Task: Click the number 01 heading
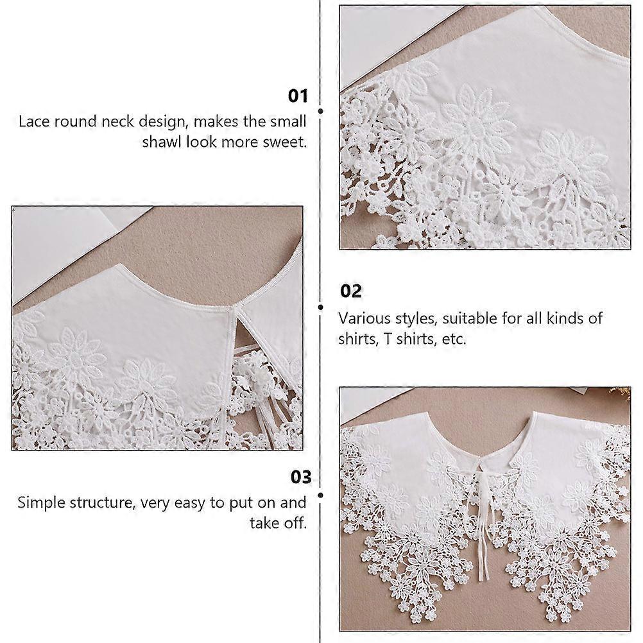tap(298, 96)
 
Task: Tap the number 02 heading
tap(351, 291)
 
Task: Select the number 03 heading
tap(301, 477)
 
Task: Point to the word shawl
tap(162, 142)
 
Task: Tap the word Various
tap(364, 318)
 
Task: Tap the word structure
tap(102, 503)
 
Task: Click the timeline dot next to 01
tap(320, 111)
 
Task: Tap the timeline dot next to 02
tap(320, 307)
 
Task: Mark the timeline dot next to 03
tap(320, 495)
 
